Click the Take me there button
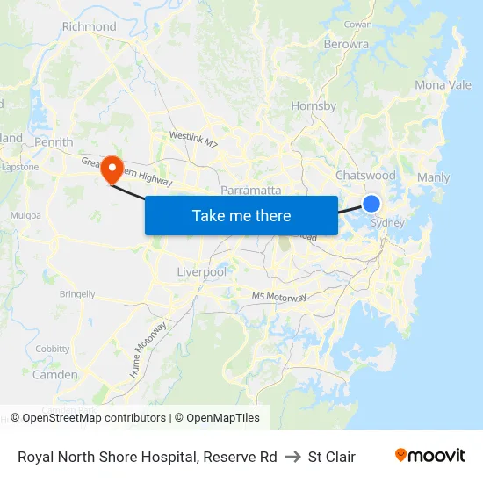click(x=241, y=215)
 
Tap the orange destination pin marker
click(x=112, y=169)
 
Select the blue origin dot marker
click(x=371, y=204)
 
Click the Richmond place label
click(x=89, y=26)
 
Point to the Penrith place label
click(x=54, y=141)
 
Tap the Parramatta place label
click(x=251, y=190)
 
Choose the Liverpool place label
click(x=201, y=272)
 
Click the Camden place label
click(x=54, y=375)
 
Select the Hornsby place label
click(x=314, y=106)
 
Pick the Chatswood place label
click(x=365, y=176)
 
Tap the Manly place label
click(x=433, y=177)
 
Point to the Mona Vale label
click(x=443, y=85)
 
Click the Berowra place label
click(x=346, y=44)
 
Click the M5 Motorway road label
click(x=279, y=298)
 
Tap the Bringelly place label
click(x=77, y=294)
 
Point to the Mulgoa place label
click(x=25, y=215)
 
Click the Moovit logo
click(x=430, y=455)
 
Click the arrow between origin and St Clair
click(x=292, y=457)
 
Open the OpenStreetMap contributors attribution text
click(x=94, y=418)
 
